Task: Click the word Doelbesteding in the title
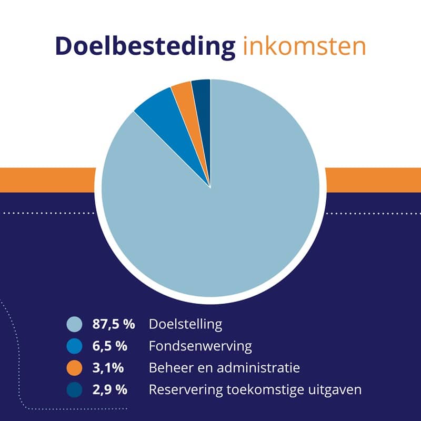pos(145,47)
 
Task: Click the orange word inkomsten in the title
pos(304,47)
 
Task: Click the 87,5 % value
pos(114,324)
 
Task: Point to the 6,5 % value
pos(110,346)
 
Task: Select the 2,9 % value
pos(110,390)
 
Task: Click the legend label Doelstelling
pos(185,324)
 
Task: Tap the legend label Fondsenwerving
pos(200,346)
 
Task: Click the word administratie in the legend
pos(269,368)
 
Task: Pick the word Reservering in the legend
pos(181,390)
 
